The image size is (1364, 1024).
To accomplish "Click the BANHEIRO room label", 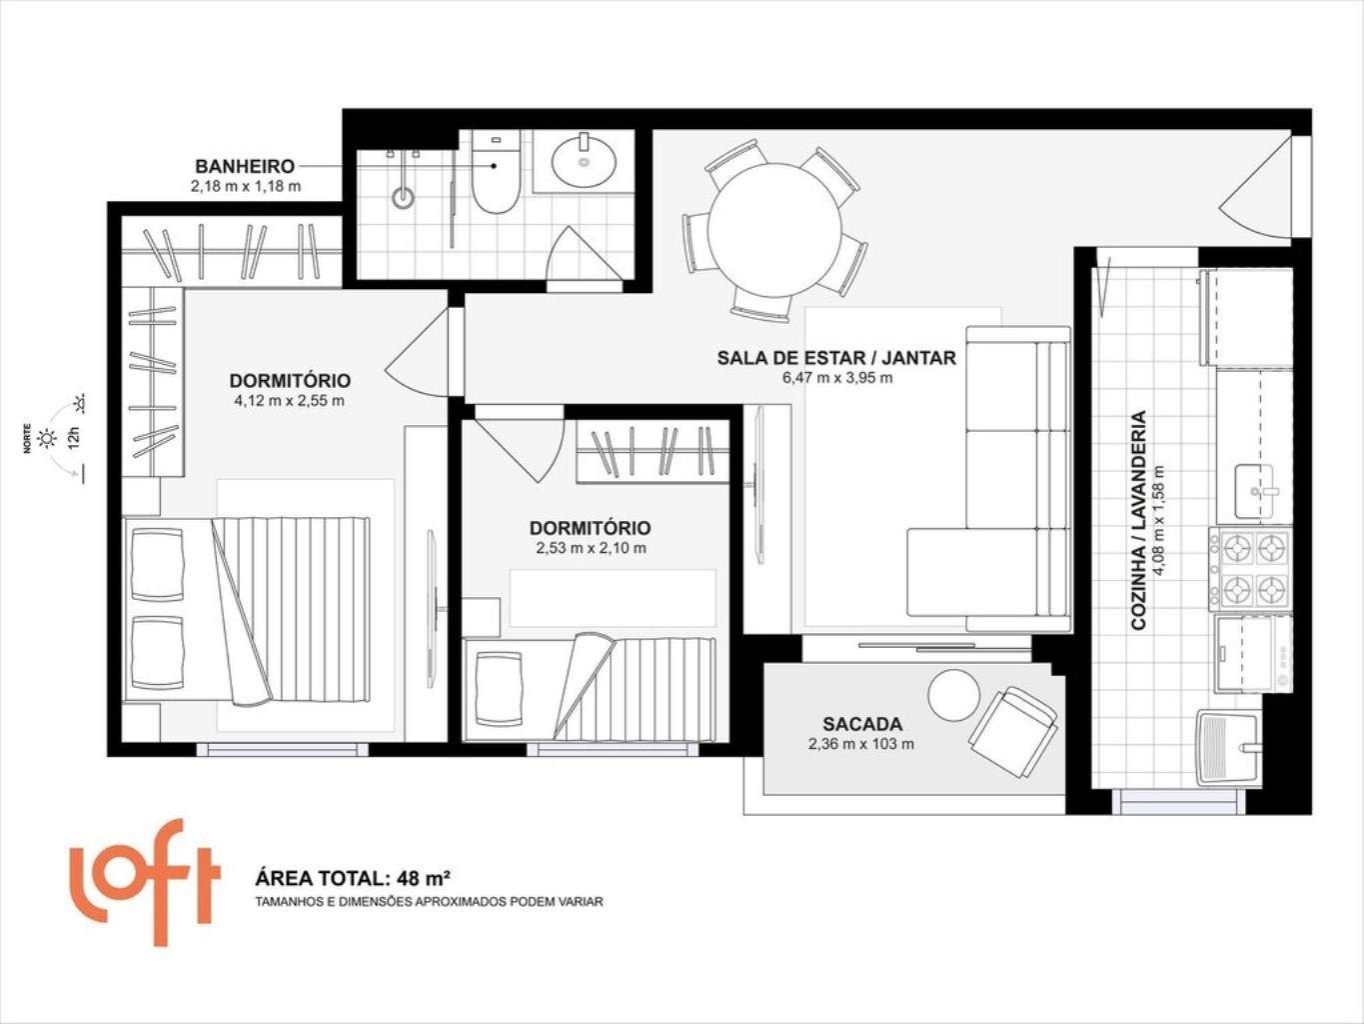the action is point(244,167).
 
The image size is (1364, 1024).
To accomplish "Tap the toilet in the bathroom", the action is point(495,172).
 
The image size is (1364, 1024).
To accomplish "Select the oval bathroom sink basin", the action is point(585,162).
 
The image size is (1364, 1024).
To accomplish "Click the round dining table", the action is point(774,230).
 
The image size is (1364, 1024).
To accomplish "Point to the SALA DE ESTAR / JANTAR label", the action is point(836,358).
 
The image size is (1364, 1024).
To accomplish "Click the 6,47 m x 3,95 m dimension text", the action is point(837,378).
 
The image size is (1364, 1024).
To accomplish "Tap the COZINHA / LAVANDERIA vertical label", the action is point(1139,520).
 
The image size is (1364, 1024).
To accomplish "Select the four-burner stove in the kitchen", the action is point(1250,569).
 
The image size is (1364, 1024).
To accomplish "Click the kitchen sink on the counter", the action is point(1254,491).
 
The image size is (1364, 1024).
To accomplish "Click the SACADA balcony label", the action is point(862,724).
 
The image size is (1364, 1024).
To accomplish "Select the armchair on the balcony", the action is point(1013,732).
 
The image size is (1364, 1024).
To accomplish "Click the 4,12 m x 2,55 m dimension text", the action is point(289,400).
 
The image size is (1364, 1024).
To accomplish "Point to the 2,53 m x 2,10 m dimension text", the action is point(591,548).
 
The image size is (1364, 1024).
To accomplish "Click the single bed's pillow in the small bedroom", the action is point(499,689).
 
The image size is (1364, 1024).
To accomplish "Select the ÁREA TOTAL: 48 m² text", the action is point(353,879).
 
